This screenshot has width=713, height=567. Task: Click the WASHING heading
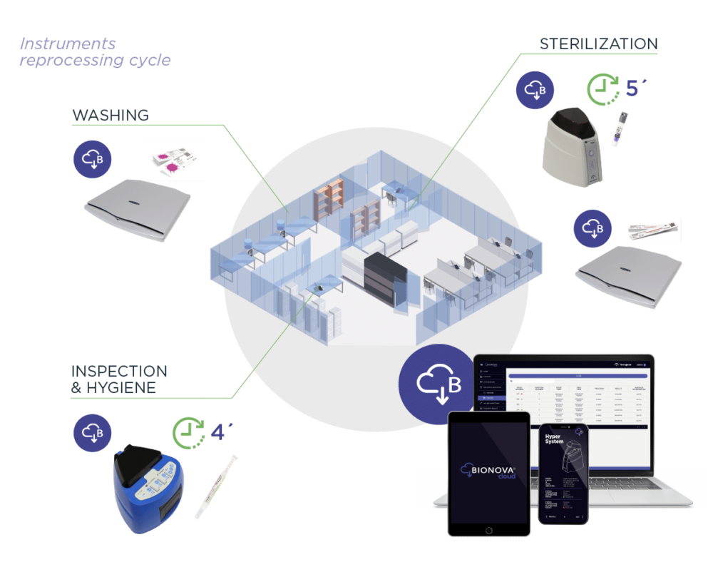pyautogui.click(x=110, y=114)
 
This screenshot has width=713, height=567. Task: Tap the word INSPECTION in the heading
pyautogui.click(x=119, y=372)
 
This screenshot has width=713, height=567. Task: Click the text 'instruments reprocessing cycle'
pyautogui.click(x=94, y=52)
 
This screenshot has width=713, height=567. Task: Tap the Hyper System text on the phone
pyautogui.click(x=555, y=438)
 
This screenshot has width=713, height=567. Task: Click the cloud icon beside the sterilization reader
pyautogui.click(x=533, y=90)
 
